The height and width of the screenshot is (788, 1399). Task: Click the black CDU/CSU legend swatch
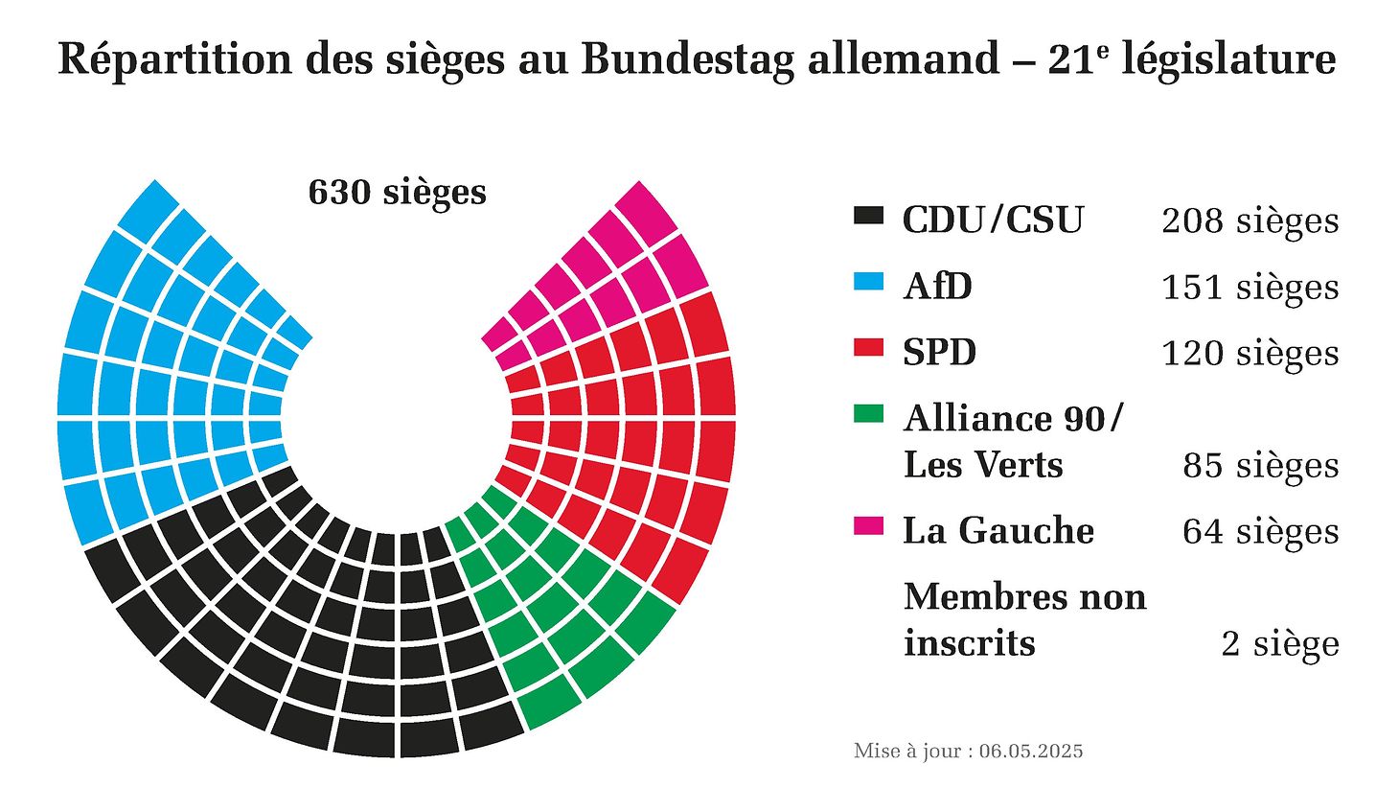click(867, 216)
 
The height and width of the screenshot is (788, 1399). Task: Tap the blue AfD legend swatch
click(867, 282)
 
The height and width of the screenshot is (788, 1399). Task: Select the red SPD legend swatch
click(867, 348)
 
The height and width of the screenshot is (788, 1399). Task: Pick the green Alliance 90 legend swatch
click(867, 414)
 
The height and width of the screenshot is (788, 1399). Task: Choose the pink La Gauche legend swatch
click(867, 526)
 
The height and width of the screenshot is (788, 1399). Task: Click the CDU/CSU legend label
click(993, 220)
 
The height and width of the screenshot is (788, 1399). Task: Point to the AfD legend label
click(937, 287)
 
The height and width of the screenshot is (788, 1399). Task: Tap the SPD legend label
click(939, 353)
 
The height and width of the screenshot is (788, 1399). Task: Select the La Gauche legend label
click(998, 531)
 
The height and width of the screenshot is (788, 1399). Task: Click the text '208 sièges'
click(1250, 221)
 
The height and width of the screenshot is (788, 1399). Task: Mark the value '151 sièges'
click(1250, 288)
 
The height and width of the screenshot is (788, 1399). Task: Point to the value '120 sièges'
click(1250, 354)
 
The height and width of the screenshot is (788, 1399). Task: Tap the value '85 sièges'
click(1260, 466)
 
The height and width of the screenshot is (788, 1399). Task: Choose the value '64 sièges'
click(1260, 532)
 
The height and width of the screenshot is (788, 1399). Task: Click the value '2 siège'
click(1279, 644)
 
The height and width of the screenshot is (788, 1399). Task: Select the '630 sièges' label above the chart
click(397, 193)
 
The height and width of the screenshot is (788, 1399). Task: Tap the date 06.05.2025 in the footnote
click(1031, 751)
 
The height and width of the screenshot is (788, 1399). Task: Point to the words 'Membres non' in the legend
click(1024, 597)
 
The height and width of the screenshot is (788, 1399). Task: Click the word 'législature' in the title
click(1228, 59)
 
